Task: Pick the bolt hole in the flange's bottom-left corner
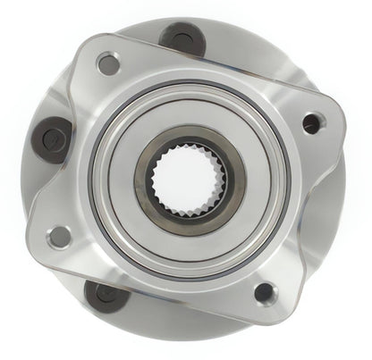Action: tap(61, 236)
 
